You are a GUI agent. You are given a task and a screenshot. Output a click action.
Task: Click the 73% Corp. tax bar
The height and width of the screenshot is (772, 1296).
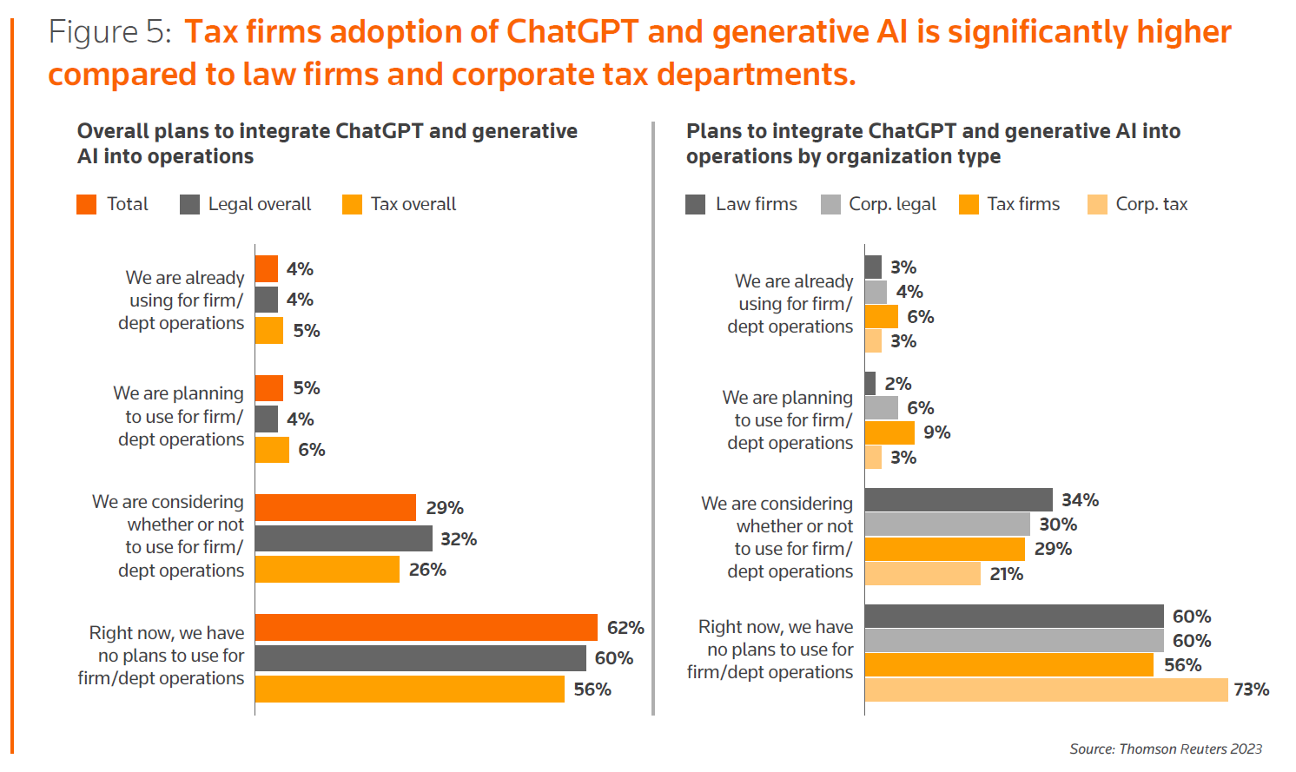(x=1046, y=690)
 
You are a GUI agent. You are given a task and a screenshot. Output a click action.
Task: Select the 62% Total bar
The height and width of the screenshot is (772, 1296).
(x=426, y=627)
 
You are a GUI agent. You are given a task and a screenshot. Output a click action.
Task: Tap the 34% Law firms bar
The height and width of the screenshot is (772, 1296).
(x=958, y=499)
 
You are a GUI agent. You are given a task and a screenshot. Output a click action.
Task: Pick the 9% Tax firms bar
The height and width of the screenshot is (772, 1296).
(x=889, y=432)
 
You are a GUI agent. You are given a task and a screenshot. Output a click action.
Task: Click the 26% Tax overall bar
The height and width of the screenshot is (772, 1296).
(x=327, y=570)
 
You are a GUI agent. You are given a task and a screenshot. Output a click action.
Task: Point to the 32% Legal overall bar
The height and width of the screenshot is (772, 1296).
(x=343, y=538)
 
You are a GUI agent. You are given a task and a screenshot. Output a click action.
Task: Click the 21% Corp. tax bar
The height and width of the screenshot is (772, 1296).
(x=922, y=573)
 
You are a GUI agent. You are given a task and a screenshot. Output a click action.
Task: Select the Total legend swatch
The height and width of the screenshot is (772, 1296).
(x=87, y=204)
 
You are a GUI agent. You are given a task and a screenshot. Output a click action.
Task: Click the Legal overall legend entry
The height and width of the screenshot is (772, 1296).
(x=246, y=204)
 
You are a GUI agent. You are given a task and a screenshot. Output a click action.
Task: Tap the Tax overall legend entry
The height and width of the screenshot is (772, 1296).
(x=400, y=204)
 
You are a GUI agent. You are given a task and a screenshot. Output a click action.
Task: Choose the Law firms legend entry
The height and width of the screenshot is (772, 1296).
(x=742, y=204)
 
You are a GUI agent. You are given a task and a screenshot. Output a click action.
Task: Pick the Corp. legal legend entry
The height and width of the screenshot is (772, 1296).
(x=879, y=204)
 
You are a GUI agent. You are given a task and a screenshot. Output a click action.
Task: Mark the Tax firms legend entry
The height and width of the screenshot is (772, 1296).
(x=1010, y=204)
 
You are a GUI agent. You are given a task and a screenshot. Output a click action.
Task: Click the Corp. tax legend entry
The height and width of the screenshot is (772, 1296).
(x=1138, y=204)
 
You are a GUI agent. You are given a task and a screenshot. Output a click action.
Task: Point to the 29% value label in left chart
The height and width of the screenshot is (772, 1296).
(x=445, y=508)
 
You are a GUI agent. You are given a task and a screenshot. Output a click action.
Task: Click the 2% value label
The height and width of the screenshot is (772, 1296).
(x=898, y=384)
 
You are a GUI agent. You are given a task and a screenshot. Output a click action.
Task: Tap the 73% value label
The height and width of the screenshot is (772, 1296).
(x=1252, y=690)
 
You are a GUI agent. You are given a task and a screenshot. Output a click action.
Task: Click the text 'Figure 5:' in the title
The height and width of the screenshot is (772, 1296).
(x=109, y=32)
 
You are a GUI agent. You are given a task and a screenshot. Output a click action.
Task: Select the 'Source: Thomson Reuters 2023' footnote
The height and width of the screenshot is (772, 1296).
(x=1166, y=749)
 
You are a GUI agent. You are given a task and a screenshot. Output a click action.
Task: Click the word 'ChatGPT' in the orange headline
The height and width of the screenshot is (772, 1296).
(x=572, y=32)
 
